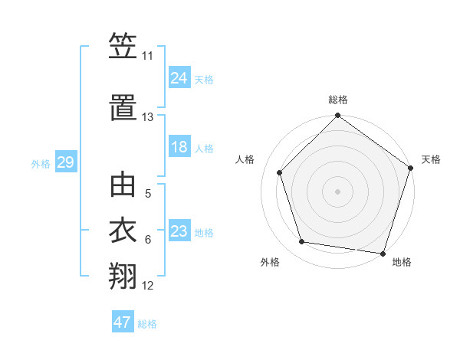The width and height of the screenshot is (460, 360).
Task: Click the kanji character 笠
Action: tap(123, 48)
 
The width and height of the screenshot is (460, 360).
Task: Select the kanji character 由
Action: tap(123, 186)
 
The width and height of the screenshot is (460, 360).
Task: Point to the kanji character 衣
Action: tap(123, 231)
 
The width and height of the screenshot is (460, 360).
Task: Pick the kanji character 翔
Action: tap(123, 275)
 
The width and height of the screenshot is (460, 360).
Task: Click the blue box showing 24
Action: tap(179, 77)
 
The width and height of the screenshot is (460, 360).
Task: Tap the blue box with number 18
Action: tap(179, 147)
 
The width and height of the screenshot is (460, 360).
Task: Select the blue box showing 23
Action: tap(179, 231)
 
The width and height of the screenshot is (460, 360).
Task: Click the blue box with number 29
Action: tap(65, 162)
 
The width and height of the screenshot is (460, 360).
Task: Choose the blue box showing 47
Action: tap(123, 322)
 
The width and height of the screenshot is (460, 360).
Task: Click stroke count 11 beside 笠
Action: tap(148, 56)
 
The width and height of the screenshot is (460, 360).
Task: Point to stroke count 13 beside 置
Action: tap(148, 117)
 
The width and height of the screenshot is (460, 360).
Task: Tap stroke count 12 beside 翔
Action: tap(148, 286)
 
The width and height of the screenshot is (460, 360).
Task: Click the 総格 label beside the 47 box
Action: tap(147, 324)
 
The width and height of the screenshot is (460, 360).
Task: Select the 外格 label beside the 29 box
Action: tap(41, 164)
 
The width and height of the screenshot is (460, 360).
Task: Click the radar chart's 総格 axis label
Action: tap(338, 100)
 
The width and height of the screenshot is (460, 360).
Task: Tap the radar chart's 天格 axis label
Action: tap(432, 159)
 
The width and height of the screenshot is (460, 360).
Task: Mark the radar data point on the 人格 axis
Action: tap(279, 172)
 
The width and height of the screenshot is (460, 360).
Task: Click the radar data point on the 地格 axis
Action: tap(383, 253)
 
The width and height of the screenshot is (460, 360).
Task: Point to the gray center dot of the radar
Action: tap(338, 191)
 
